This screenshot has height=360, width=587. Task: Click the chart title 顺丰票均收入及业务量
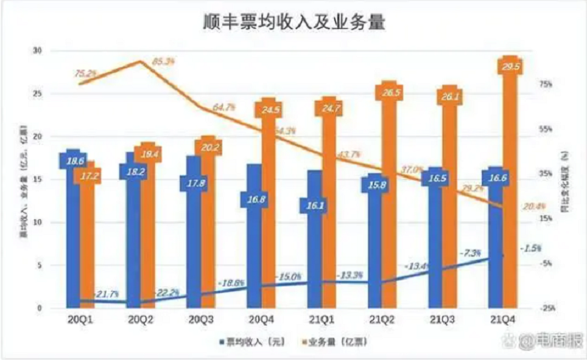click(x=293, y=22)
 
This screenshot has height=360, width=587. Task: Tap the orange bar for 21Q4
click(x=510, y=188)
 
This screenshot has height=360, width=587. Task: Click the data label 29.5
click(x=510, y=67)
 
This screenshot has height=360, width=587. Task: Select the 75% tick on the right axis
click(x=546, y=84)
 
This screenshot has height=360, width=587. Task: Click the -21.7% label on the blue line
click(x=106, y=294)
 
